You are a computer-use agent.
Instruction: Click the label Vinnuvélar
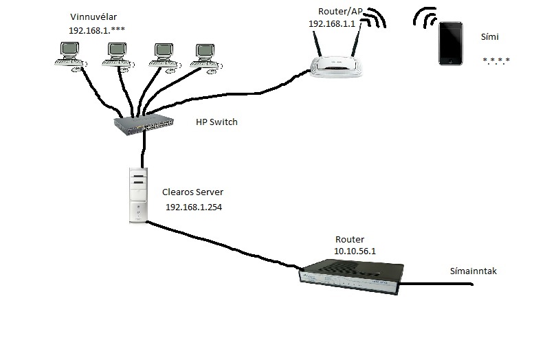point(93,16)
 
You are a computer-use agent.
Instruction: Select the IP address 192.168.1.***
point(96,30)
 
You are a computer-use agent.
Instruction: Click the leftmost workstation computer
point(69,54)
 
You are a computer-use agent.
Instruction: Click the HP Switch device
point(144,124)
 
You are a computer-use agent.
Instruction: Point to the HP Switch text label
point(216,122)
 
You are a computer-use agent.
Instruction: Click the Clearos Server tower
point(138,195)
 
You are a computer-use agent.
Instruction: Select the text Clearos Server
point(193,193)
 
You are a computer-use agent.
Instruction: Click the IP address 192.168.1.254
point(193,207)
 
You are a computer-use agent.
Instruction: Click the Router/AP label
point(340,11)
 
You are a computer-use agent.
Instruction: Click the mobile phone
point(451,43)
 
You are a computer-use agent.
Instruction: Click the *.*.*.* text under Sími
point(496,61)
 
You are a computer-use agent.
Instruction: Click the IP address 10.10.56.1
point(354,251)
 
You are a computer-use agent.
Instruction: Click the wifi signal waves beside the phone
point(426,19)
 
